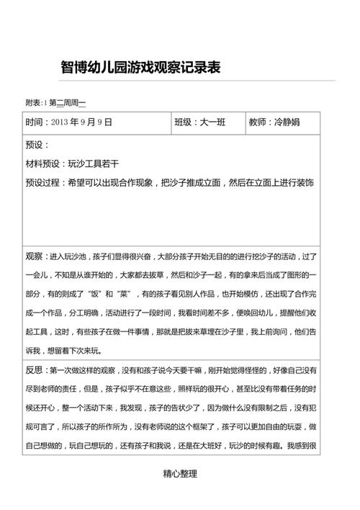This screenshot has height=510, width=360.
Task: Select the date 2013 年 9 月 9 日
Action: pos(82,122)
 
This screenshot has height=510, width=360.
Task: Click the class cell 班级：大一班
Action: pos(199,122)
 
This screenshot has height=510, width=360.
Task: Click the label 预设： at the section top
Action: pos(37,145)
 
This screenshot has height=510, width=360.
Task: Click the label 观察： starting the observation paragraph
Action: pos(37,256)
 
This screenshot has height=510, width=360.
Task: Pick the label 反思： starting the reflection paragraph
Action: pos(37,370)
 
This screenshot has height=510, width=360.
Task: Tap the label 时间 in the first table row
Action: pos(35,122)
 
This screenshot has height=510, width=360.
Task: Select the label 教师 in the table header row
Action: pos(257,122)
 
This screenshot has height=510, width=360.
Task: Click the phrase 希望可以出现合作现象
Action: pos(111,183)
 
